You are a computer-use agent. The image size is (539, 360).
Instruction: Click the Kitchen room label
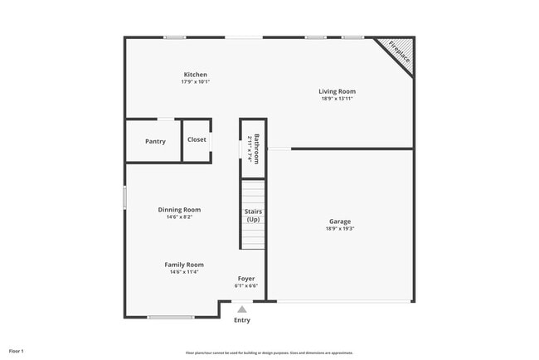(195, 75)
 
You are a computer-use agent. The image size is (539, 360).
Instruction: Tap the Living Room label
(337, 91)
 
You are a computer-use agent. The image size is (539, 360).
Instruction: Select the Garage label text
(340, 221)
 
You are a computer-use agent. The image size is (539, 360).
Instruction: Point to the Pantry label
(155, 141)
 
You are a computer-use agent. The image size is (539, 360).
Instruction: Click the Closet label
(197, 139)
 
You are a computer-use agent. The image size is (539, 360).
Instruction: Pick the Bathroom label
(257, 148)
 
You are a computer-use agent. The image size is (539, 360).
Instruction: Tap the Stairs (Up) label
(253, 216)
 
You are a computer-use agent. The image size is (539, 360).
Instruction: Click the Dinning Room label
(179, 210)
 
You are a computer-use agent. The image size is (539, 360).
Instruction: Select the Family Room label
(184, 265)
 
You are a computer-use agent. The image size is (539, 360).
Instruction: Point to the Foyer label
(246, 278)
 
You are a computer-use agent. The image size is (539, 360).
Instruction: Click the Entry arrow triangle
(241, 309)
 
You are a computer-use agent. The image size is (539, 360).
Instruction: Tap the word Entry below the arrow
(241, 320)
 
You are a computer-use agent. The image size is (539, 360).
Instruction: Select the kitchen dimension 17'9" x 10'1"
(195, 82)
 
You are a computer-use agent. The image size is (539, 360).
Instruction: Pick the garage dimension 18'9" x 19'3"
(340, 229)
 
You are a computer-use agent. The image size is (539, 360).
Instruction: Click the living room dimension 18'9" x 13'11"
(337, 99)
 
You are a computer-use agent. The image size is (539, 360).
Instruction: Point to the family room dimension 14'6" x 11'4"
(184, 272)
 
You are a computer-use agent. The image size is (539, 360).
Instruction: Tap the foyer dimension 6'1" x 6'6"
(246, 285)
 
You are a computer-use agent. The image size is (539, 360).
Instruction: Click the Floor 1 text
(17, 352)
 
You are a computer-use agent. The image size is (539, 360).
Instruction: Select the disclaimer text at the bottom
(269, 352)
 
